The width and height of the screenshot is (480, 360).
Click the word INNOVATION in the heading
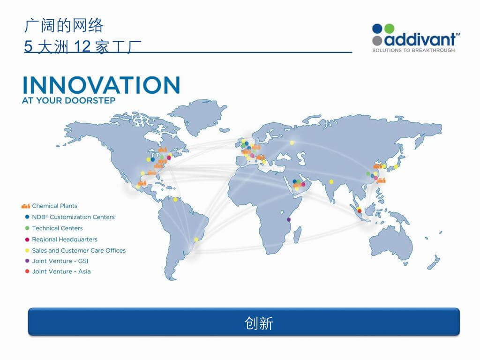(x=101, y=85)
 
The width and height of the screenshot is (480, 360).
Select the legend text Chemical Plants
(x=54, y=206)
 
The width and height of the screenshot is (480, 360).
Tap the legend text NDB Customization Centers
(x=73, y=217)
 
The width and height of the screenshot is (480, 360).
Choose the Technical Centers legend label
(x=57, y=228)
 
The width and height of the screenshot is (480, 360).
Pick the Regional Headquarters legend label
(x=65, y=240)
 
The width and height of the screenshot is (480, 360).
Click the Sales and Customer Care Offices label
(x=79, y=250)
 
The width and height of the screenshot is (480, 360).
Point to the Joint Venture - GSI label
(x=60, y=261)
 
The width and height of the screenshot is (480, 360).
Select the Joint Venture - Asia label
(x=61, y=271)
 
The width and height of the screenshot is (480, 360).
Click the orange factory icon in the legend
(x=25, y=206)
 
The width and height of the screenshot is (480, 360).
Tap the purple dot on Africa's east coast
(x=288, y=219)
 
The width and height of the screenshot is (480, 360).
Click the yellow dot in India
(x=331, y=181)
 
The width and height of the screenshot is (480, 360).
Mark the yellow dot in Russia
(x=292, y=142)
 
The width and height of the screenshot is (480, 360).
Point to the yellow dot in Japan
(x=396, y=166)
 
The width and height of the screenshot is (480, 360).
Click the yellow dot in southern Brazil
(x=196, y=240)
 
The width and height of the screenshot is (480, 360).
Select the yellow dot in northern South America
(x=175, y=200)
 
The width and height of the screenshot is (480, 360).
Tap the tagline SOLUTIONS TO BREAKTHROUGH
(x=413, y=50)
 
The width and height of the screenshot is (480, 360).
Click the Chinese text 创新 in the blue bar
(x=259, y=323)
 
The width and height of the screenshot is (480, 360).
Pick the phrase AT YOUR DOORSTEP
(x=68, y=100)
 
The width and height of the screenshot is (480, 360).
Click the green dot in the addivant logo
(x=389, y=29)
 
